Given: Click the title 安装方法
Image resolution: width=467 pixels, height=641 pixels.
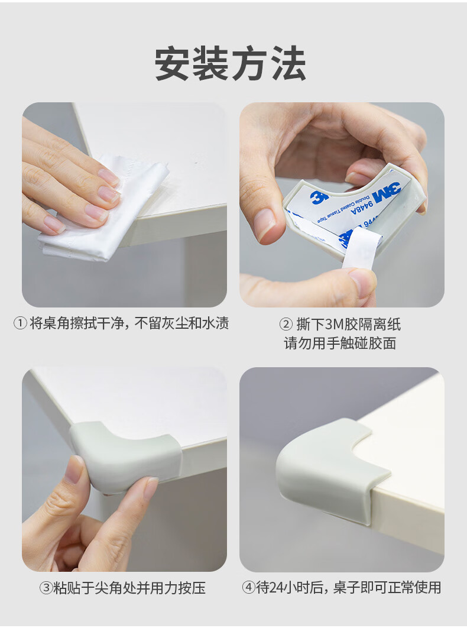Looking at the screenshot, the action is click(x=231, y=64).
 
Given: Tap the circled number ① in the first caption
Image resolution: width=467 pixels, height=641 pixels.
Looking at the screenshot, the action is click(x=20, y=324).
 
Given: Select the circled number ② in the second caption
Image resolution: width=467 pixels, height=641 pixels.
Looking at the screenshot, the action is click(x=286, y=325).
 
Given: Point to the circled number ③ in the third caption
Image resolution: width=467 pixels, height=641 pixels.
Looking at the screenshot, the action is click(x=46, y=588).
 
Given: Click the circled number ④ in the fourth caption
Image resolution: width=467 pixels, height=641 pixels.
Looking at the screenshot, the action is click(x=248, y=588).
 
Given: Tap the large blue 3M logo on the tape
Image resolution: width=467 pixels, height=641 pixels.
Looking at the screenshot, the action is click(x=385, y=194).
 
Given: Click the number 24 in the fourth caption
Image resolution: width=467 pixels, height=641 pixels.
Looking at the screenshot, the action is click(x=277, y=588).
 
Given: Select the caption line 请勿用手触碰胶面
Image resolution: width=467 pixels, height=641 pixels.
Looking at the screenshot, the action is click(x=340, y=343).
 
